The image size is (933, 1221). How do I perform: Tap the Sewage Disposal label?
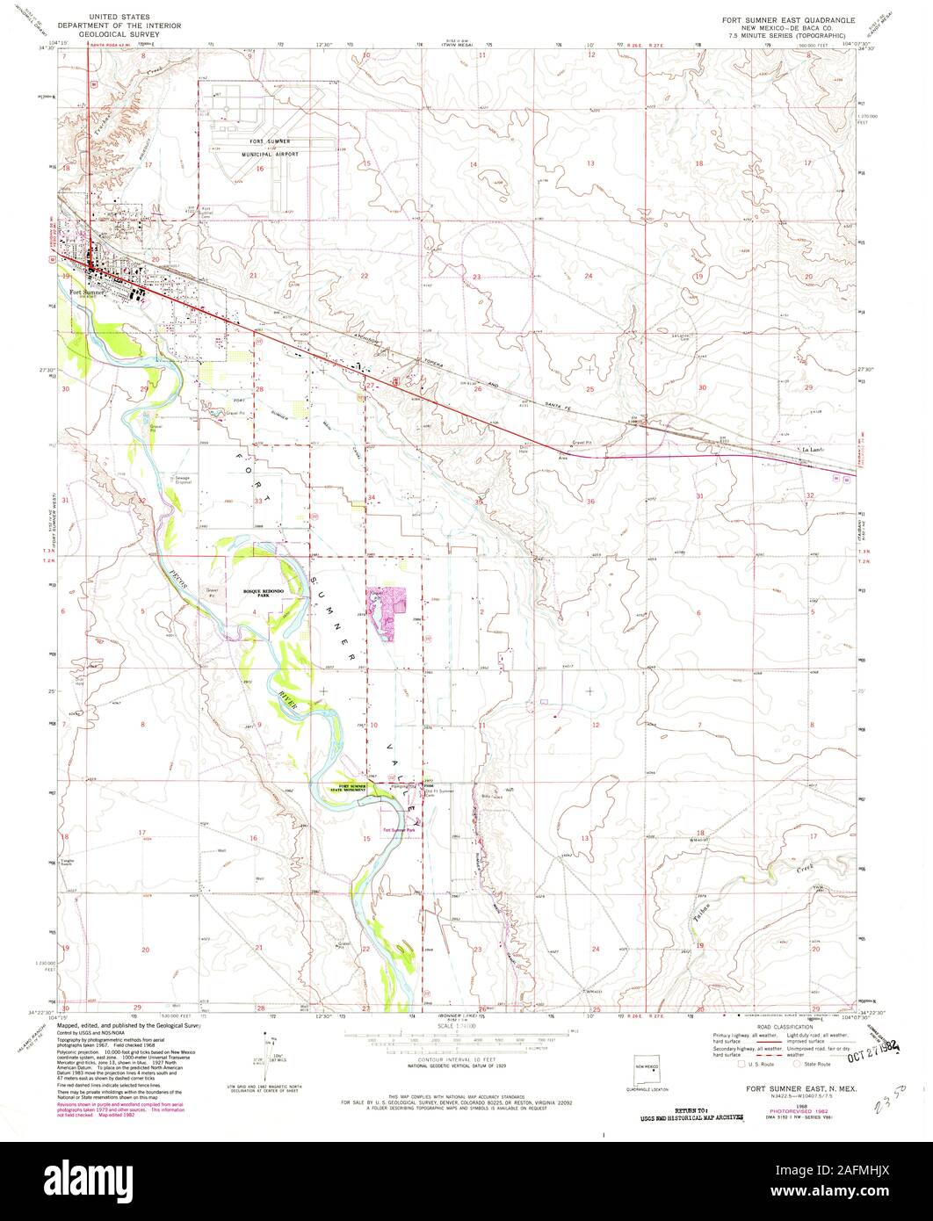pyautogui.click(x=183, y=480)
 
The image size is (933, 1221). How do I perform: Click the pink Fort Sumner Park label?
pyautogui.click(x=398, y=830)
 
